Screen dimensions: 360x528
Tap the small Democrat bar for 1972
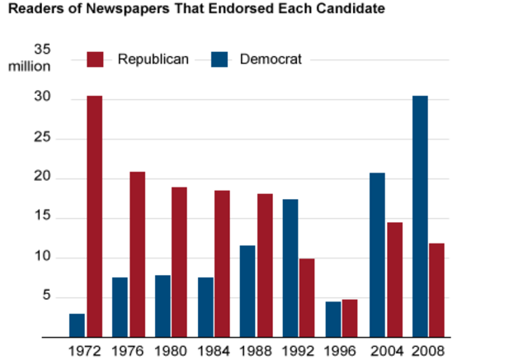pyautogui.click(x=77, y=325)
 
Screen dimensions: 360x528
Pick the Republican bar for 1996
pyautogui.click(x=349, y=318)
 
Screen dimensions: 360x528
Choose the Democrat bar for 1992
pyautogui.click(x=291, y=268)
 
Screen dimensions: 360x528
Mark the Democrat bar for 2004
pyautogui.click(x=377, y=255)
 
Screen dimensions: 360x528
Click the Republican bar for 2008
pyautogui.click(x=436, y=290)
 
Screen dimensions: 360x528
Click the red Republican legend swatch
pyautogui.click(x=96, y=59)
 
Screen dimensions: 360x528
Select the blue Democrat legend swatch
pyautogui.click(x=219, y=59)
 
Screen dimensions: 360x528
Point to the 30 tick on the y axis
pyautogui.click(x=42, y=98)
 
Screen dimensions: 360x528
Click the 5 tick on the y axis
pyautogui.click(x=46, y=297)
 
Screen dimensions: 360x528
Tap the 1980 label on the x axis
pyautogui.click(x=171, y=349)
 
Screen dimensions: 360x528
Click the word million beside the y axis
pyautogui.click(x=30, y=65)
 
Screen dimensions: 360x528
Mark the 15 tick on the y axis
pyautogui.click(x=42, y=218)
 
